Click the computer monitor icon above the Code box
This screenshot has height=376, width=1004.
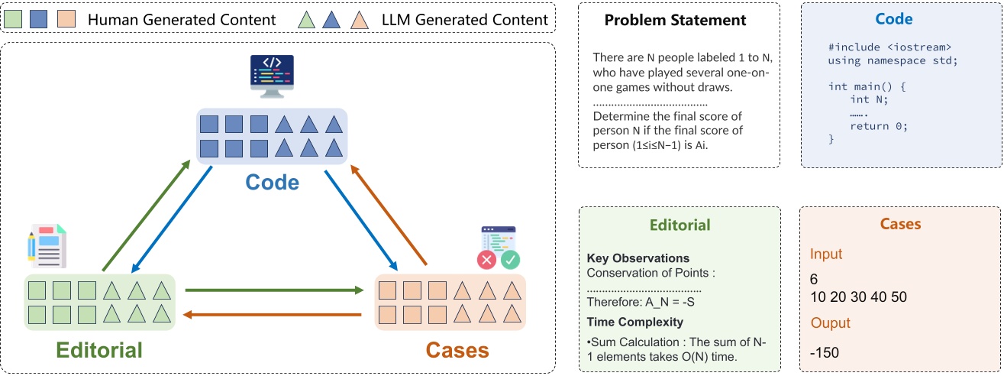pos(273,76)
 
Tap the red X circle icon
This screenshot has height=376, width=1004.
pos(486,260)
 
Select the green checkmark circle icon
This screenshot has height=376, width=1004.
pos(510,260)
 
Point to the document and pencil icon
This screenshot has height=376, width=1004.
pos(45,246)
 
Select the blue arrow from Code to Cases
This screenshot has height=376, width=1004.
pos(362,221)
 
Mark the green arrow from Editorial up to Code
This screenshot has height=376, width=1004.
pos(145,216)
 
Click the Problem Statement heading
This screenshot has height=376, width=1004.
pos(676,20)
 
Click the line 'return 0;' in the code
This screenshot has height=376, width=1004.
pos(879,126)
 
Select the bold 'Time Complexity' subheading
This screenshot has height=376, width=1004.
pos(634,322)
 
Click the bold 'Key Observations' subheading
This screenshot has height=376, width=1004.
pos(638,258)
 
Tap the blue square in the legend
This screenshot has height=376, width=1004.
pos(39,19)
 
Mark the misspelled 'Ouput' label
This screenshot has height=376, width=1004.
pos(831,323)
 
